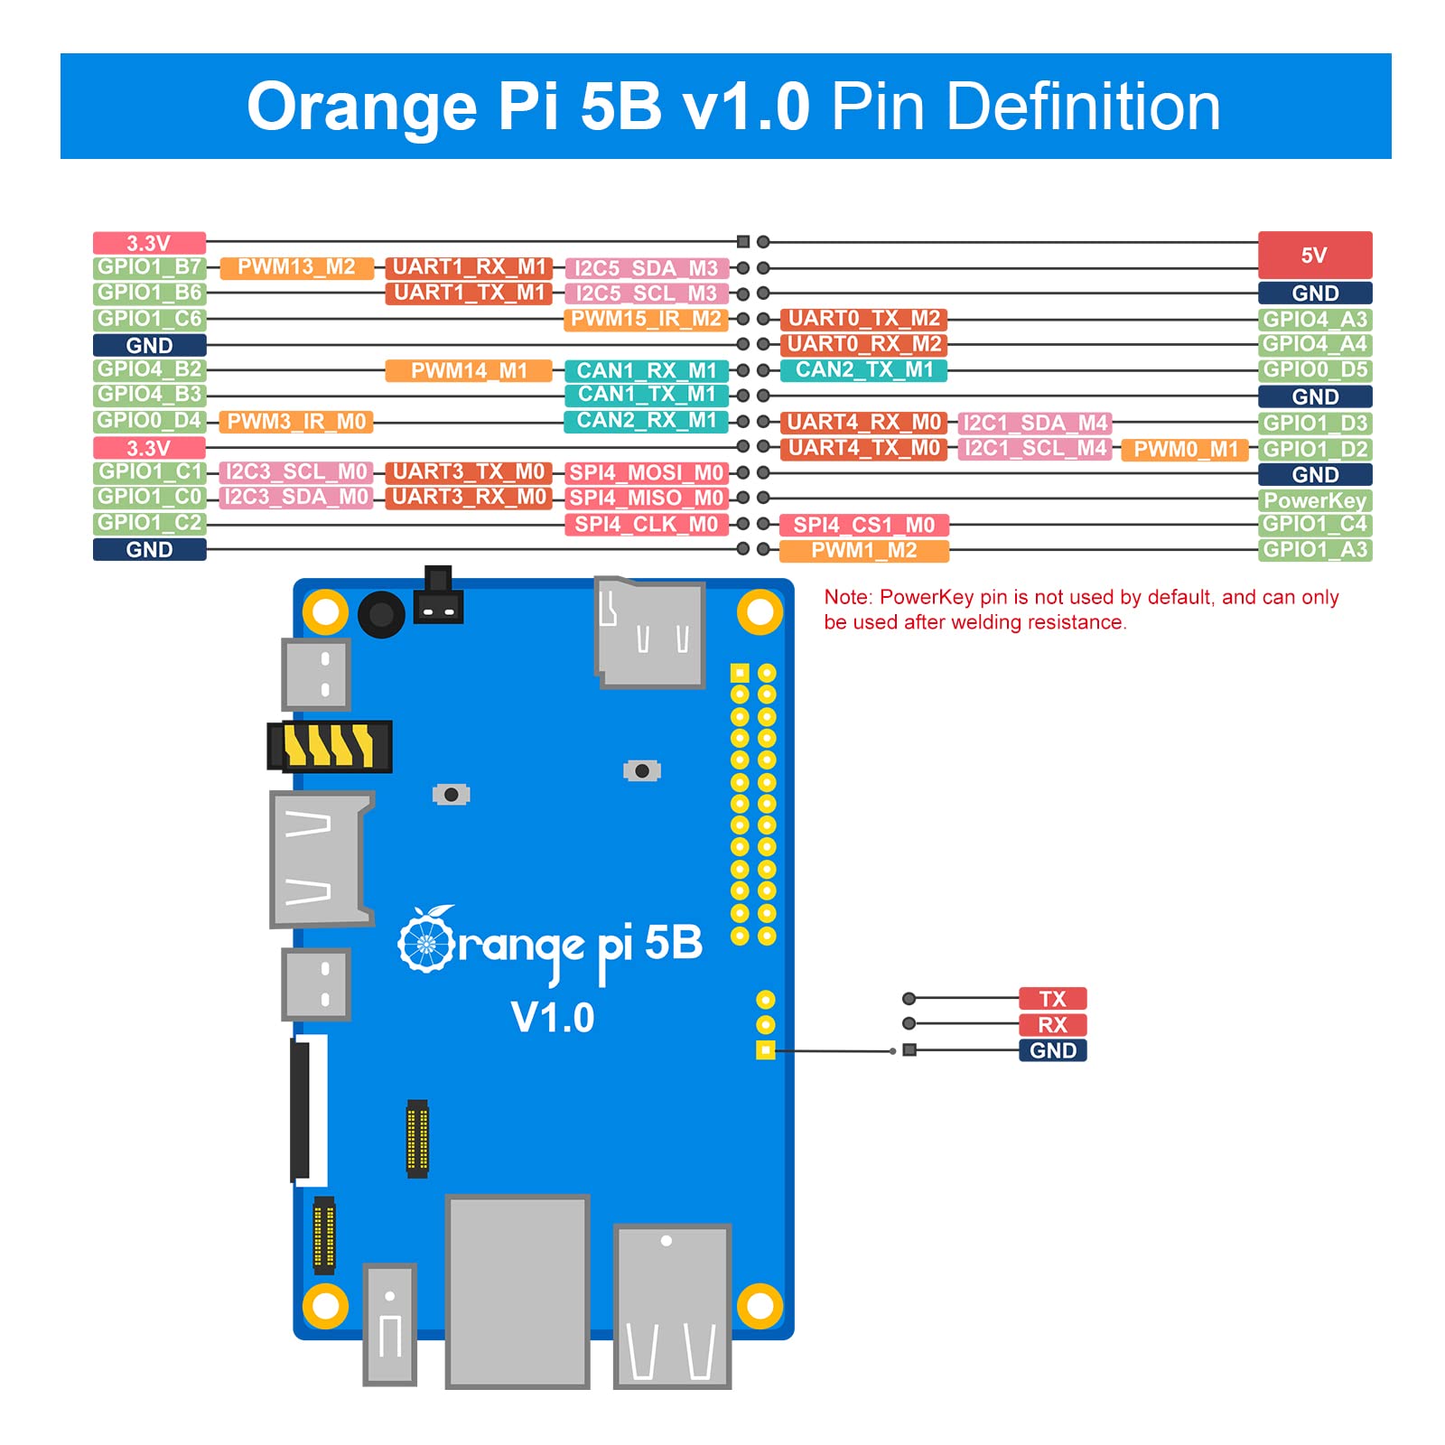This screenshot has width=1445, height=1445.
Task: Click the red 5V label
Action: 1314,255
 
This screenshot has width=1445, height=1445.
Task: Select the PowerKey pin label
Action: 1314,500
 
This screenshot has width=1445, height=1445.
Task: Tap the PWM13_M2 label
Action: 296,267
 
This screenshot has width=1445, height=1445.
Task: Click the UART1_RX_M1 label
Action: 469,267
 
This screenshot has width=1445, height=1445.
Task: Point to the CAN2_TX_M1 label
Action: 863,369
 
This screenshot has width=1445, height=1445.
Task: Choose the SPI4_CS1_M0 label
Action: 863,525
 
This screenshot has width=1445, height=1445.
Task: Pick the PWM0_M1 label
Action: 1185,450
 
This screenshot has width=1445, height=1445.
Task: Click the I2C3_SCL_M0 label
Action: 296,472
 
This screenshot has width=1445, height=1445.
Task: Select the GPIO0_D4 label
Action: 149,421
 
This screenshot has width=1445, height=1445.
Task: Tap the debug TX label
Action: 1052,999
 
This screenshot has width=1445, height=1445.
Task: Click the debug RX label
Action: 1052,1025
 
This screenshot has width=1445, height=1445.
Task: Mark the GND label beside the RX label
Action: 1052,1050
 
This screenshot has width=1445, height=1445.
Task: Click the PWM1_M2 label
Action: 863,551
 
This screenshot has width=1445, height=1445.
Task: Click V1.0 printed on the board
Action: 553,1018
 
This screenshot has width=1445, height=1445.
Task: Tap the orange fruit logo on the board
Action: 425,941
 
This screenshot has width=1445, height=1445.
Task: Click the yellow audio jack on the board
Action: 331,746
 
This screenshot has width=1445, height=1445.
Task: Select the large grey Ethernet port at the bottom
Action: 517,1290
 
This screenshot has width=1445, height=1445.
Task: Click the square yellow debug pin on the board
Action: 765,1049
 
